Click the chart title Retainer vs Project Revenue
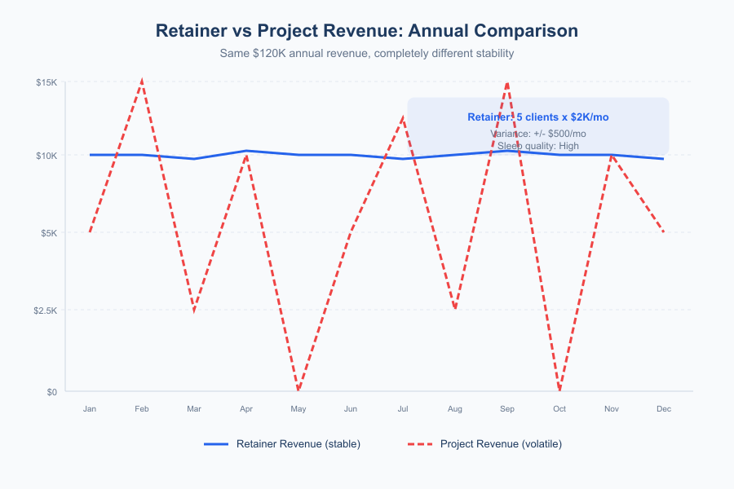[x=366, y=31]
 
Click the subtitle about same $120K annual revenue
[x=366, y=53]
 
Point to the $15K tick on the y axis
[x=46, y=82]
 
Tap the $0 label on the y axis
[x=51, y=391]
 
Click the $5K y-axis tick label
[x=48, y=233]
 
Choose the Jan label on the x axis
[x=90, y=409]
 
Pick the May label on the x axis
[x=298, y=409]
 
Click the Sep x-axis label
[x=507, y=409]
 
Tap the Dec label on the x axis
[x=664, y=409]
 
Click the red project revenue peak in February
[x=142, y=81]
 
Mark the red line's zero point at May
[x=298, y=390]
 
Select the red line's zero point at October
[x=559, y=390]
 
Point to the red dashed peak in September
[x=507, y=82]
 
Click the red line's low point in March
[x=194, y=311]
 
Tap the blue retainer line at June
[x=351, y=155]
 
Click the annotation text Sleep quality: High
[x=538, y=146]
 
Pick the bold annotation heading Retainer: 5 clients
[x=538, y=117]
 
